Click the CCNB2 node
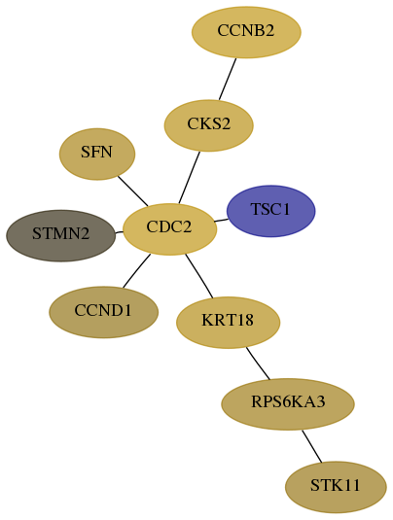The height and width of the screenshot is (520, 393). [x=246, y=32]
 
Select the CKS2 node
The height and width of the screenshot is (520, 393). [x=209, y=125]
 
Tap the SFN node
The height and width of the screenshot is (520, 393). [x=97, y=155]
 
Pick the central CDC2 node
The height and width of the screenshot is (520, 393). [x=169, y=229]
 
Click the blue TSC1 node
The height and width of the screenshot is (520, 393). [x=270, y=211]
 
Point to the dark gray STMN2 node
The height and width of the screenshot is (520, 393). [x=60, y=235]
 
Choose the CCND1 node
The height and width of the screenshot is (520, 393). [x=103, y=312]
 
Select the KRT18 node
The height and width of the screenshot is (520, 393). [x=228, y=323]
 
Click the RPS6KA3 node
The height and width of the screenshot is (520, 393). [x=288, y=404]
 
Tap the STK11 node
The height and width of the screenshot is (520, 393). [x=336, y=487]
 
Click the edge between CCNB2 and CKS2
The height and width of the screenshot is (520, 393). [x=228, y=79]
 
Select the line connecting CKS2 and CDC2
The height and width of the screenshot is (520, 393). [x=189, y=178]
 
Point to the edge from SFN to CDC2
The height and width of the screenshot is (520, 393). [x=132, y=191]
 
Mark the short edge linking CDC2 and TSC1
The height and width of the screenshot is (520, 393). [x=221, y=221]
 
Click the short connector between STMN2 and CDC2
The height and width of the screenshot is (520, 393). [x=119, y=232]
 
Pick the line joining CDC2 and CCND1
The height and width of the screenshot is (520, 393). [x=136, y=271]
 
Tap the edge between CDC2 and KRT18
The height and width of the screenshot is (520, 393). [x=199, y=276]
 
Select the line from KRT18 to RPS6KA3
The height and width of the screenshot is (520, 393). [x=258, y=364]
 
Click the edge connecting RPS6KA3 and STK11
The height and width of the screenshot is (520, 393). [x=311, y=446]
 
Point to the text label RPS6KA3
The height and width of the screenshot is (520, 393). [x=288, y=402]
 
